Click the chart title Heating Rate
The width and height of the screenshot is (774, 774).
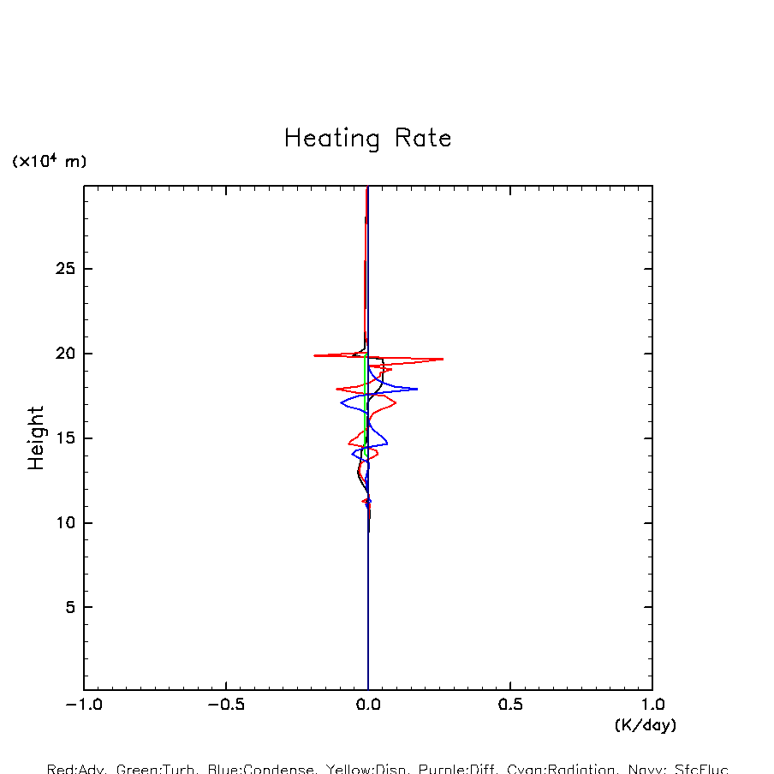coord(367,139)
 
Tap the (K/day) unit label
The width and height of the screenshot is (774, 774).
coord(645,725)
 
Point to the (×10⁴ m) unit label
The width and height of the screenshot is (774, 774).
coord(49,161)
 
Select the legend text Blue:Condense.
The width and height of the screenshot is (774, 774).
coord(261,769)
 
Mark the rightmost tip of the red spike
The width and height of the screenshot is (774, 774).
coord(443,359)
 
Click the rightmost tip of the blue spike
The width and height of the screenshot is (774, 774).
coord(417,389)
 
